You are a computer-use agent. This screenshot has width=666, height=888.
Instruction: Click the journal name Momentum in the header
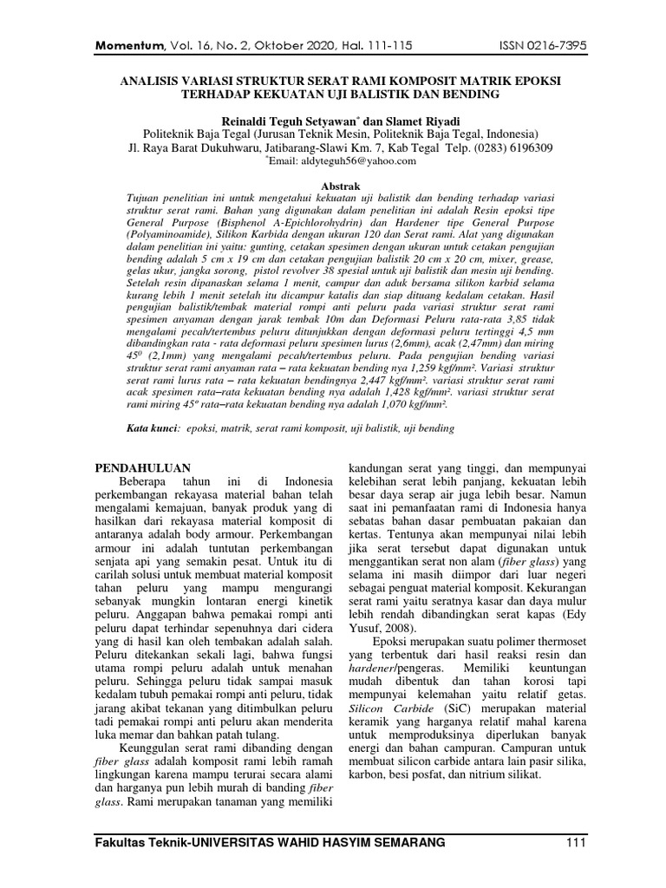pyautogui.click(x=125, y=43)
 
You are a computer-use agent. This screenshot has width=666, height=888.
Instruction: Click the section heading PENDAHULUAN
pyautogui.click(x=142, y=467)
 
